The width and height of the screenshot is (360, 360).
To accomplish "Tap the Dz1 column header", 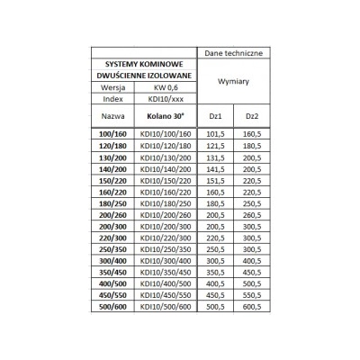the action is coord(214,117).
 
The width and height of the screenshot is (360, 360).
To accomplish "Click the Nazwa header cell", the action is coord(113,117).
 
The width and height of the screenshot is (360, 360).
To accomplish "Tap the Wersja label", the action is coord(113,88).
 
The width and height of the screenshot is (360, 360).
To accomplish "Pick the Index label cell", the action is coord(113,99).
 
